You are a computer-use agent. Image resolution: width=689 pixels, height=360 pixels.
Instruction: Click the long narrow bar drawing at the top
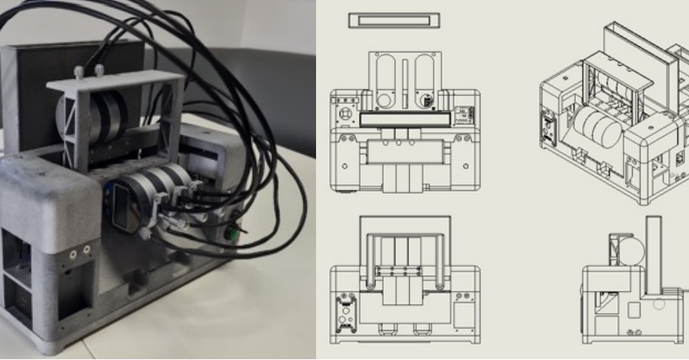pos(393,20)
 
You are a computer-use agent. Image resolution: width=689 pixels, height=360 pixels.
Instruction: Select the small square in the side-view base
pos(634,311)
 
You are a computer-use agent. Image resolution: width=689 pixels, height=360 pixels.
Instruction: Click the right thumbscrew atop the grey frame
pos(100,71)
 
